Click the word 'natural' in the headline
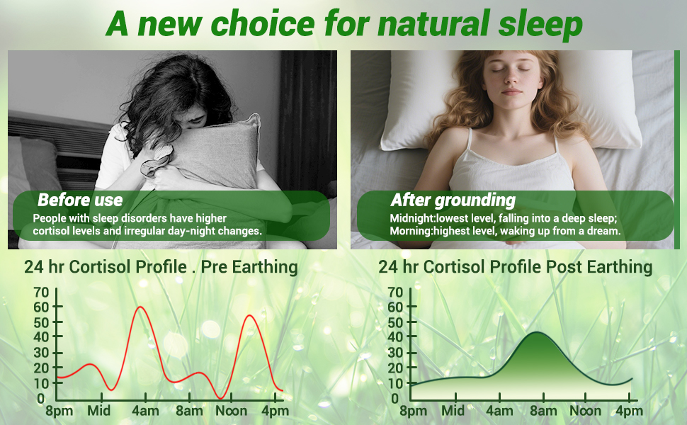(x=434, y=23)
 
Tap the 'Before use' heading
(x=80, y=200)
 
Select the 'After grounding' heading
(x=453, y=200)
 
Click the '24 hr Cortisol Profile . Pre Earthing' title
(x=161, y=267)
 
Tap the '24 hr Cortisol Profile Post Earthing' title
(x=516, y=267)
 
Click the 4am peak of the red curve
(x=140, y=307)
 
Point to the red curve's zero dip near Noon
(x=221, y=398)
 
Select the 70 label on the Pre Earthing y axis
(x=41, y=293)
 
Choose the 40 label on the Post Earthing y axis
(x=395, y=337)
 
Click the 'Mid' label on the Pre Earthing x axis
(x=99, y=411)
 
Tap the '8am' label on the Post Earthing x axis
(x=543, y=411)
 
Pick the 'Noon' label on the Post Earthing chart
(x=585, y=411)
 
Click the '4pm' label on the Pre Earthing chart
(x=275, y=411)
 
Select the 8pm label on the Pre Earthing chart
(x=59, y=411)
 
